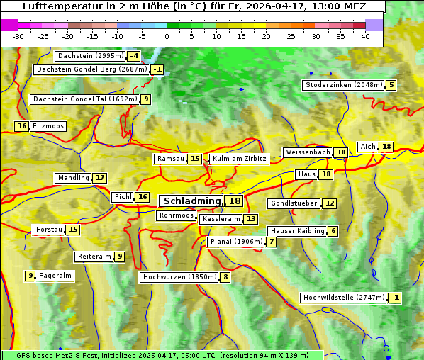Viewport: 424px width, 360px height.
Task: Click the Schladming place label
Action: pyautogui.click(x=192, y=201)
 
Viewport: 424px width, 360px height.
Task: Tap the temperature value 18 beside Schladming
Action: pyautogui.click(x=235, y=201)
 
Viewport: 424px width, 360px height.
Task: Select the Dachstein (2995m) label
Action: pyautogui.click(x=89, y=56)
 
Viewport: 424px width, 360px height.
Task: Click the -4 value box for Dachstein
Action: pyautogui.click(x=134, y=56)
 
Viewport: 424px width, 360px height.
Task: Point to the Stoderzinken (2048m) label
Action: pyautogui.click(x=343, y=85)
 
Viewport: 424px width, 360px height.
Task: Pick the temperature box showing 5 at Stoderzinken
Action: pyautogui.click(x=391, y=85)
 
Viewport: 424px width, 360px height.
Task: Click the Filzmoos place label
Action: pyautogui.click(x=48, y=126)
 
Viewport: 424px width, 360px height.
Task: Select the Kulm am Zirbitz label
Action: pyautogui.click(x=239, y=159)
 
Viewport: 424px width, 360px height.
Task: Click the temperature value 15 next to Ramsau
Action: pyautogui.click(x=195, y=159)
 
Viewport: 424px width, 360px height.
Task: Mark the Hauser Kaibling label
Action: pyautogui.click(x=297, y=231)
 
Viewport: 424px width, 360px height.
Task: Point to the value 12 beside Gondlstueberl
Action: pyautogui.click(x=330, y=203)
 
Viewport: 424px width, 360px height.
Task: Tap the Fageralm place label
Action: pyautogui.click(x=55, y=276)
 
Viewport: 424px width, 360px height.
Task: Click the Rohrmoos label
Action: pyautogui.click(x=176, y=215)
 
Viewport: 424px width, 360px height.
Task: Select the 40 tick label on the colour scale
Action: pyautogui.click(x=365, y=36)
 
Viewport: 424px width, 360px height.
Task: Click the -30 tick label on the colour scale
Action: pyautogui.click(x=18, y=36)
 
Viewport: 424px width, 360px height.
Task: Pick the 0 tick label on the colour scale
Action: pyautogui.click(x=167, y=36)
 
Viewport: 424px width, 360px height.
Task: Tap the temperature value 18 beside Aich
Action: pyautogui.click(x=386, y=147)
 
